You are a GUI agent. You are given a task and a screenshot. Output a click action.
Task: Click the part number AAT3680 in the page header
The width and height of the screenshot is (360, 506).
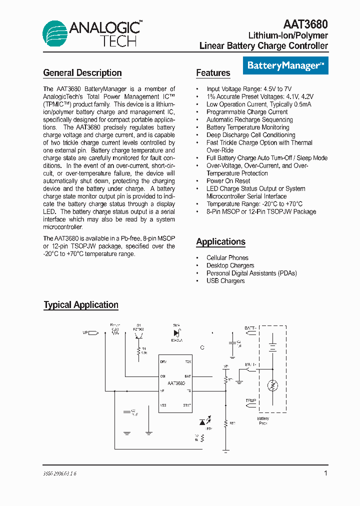[x=305, y=24]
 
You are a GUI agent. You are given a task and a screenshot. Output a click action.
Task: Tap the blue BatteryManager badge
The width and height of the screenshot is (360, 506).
[x=285, y=65]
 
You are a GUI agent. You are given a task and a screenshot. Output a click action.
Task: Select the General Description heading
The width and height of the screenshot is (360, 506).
[x=82, y=73]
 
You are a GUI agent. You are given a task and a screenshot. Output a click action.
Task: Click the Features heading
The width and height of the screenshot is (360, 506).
[x=213, y=73]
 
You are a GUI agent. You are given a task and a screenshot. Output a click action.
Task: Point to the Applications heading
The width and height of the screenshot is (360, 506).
[x=220, y=242]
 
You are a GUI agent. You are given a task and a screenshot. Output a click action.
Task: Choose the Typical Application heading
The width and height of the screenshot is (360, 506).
[x=81, y=305]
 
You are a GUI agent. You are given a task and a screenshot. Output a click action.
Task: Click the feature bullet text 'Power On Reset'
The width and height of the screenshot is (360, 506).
[x=228, y=181]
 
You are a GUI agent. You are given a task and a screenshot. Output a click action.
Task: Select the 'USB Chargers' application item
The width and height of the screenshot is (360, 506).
[x=225, y=281]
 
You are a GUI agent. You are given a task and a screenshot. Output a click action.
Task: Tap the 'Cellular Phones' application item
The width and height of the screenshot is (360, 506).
[x=227, y=258]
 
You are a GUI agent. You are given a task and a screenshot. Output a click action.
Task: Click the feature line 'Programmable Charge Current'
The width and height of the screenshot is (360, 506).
[x=247, y=112]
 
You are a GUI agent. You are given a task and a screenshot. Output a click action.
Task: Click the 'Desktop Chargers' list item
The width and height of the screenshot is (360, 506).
[x=230, y=265]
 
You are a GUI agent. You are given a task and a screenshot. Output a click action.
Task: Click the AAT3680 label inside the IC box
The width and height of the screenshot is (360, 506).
[x=175, y=382]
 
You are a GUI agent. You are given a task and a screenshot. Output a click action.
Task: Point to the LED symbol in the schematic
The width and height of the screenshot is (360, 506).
[x=203, y=422]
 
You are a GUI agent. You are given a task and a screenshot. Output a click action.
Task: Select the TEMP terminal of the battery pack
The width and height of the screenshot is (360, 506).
[x=250, y=401]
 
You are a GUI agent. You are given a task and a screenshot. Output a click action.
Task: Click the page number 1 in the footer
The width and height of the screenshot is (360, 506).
[x=326, y=473]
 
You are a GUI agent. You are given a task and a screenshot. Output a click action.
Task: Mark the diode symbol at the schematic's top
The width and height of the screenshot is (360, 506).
[x=176, y=333]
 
